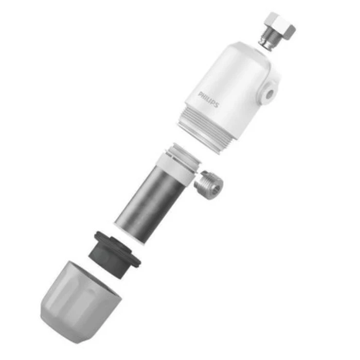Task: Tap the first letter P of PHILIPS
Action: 201,93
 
